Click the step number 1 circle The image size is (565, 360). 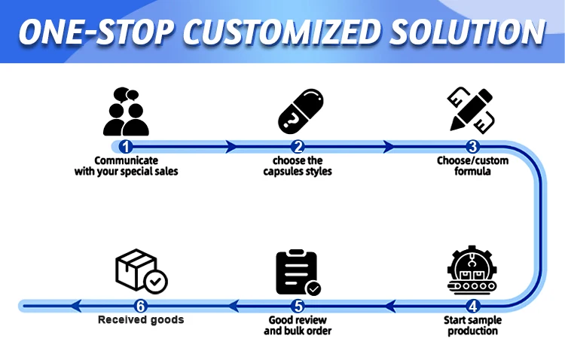pos(125,147)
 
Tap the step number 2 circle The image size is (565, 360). pos(298,147)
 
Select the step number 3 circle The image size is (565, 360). pos(472,147)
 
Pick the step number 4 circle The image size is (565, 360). pos(472,307)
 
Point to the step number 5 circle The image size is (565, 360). pos(298,307)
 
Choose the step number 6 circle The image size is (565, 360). pos(141,307)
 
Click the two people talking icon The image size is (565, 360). pos(126,111)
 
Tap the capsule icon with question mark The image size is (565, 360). pos(301,111)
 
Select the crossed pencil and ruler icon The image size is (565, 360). pos(471,110)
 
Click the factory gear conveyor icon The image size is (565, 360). pos(472,270)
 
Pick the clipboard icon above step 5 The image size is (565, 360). pos(298,273)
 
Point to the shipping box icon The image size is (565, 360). pos(142,271)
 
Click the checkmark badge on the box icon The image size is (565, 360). pos(156,282)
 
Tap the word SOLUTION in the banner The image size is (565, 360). pos(467,32)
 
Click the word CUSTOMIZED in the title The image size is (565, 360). pos(282,32)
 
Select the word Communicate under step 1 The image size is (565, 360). pos(126,160)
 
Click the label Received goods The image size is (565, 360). pos(141,319)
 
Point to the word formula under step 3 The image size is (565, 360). pos(472,171)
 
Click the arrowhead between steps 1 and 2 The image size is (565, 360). pos(231,147)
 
